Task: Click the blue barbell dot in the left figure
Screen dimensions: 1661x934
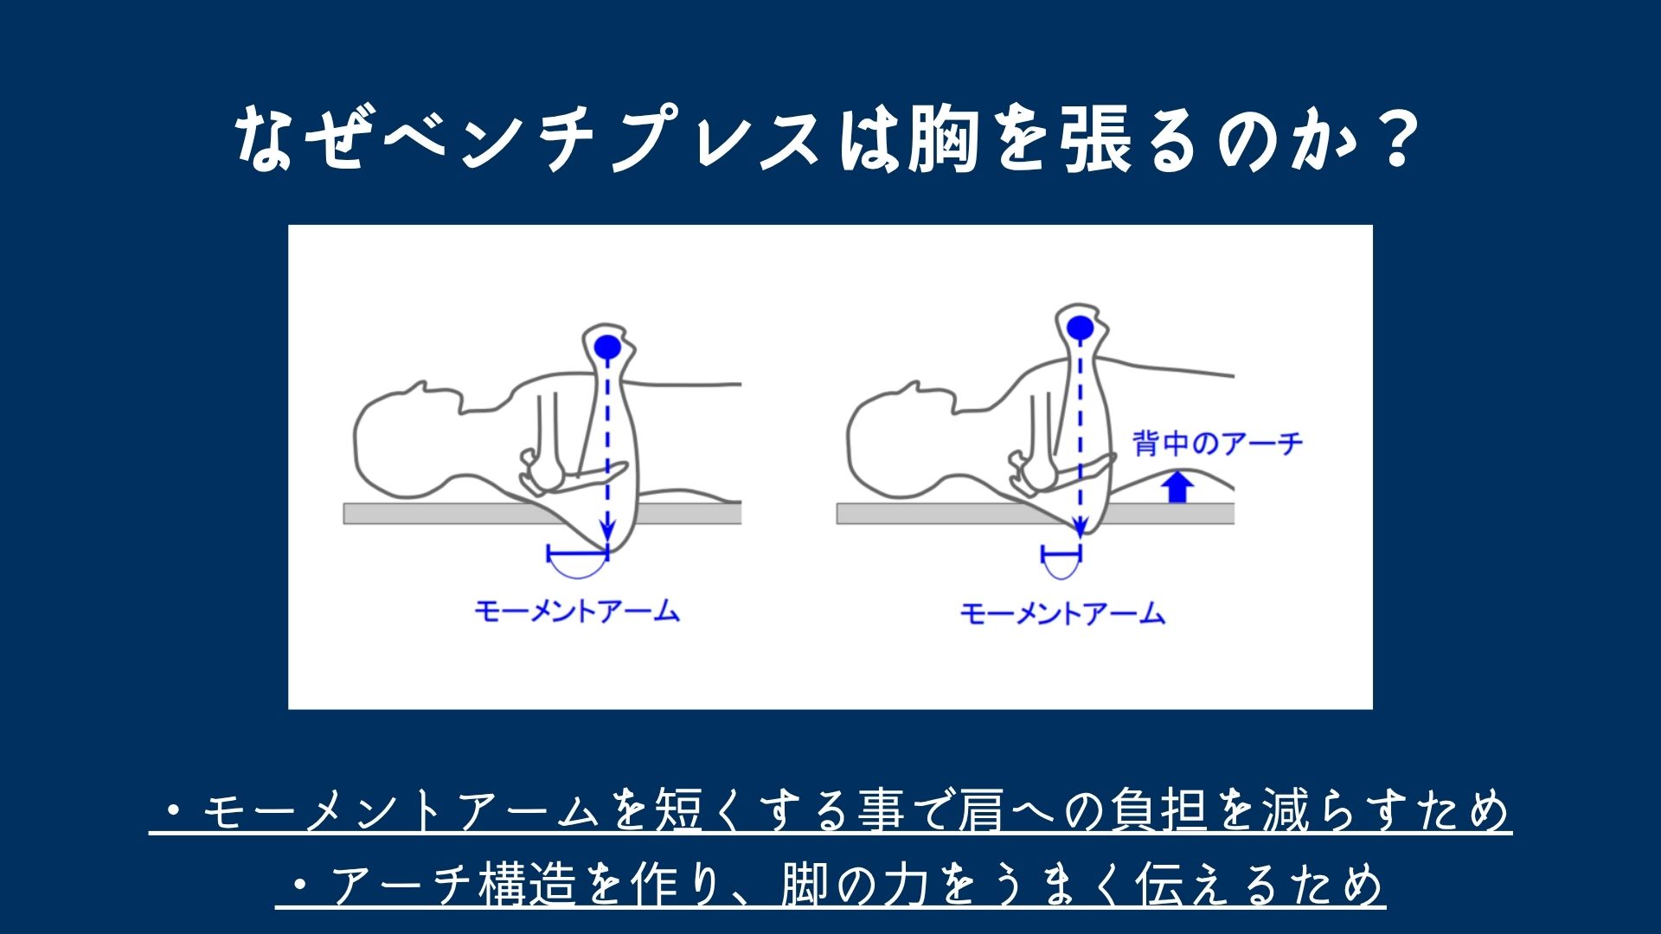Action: click(x=607, y=346)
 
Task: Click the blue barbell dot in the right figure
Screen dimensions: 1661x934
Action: click(x=1079, y=328)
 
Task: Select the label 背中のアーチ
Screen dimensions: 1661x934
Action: click(x=1217, y=445)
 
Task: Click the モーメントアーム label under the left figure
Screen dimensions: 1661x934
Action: click(x=577, y=611)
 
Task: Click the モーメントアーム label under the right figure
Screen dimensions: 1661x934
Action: click(x=1063, y=614)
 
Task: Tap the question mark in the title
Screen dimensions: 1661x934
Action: click(x=1394, y=138)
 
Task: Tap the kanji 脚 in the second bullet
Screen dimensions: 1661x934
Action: click(x=804, y=884)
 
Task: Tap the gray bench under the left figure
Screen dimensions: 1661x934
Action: click(x=542, y=514)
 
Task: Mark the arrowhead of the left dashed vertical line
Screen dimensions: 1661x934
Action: click(x=608, y=530)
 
